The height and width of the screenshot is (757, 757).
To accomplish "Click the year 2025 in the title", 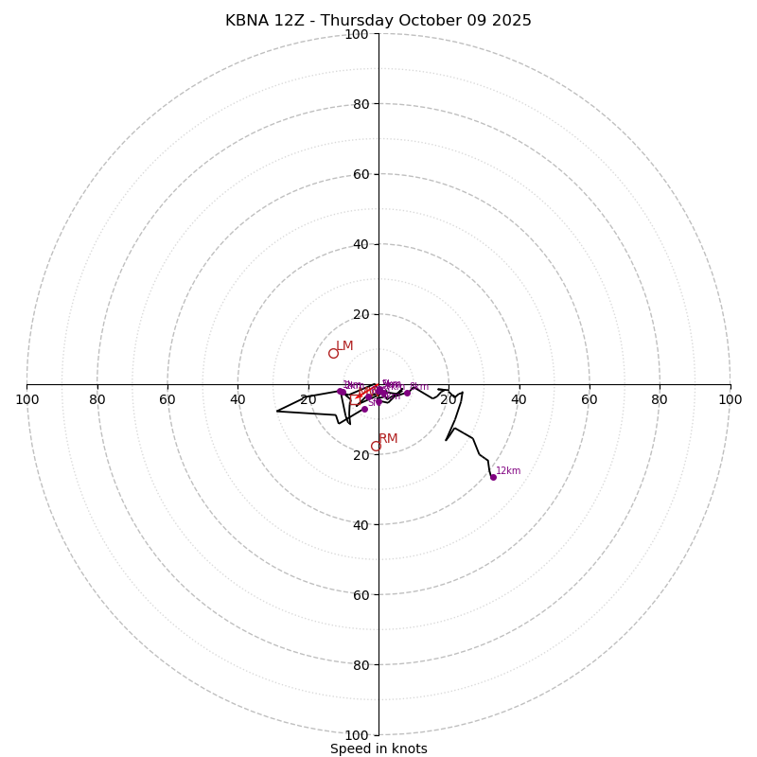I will pyautogui.click(x=511, y=21).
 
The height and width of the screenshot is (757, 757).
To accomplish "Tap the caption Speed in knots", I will pyautogui.click(x=378, y=748).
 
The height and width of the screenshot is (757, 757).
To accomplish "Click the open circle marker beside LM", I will pyautogui.click(x=333, y=354).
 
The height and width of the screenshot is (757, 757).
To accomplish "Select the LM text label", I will pyautogui.click(x=344, y=346).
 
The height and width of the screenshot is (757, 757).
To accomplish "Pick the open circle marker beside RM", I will pyautogui.click(x=376, y=447).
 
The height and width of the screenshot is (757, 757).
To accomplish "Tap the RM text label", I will pyautogui.click(x=388, y=439).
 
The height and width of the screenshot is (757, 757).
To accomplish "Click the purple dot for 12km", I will pyautogui.click(x=493, y=477).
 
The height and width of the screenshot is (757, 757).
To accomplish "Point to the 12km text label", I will pyautogui.click(x=508, y=470).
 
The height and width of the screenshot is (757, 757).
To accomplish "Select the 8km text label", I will pyautogui.click(x=419, y=386).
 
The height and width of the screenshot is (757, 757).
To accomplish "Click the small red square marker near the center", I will pyautogui.click(x=354, y=400).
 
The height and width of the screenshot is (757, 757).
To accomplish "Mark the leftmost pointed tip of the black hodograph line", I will pyautogui.click(x=276, y=411).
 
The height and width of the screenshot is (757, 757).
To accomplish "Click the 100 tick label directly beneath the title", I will pyautogui.click(x=357, y=34).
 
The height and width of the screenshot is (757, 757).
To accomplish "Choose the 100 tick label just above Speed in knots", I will pyautogui.click(x=357, y=734).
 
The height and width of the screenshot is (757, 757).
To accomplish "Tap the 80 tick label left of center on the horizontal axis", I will pyautogui.click(x=97, y=399).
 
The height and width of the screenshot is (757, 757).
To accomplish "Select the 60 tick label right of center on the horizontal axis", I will pyautogui.click(x=589, y=399).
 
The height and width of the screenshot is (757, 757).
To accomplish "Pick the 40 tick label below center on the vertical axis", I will pyautogui.click(x=361, y=524).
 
